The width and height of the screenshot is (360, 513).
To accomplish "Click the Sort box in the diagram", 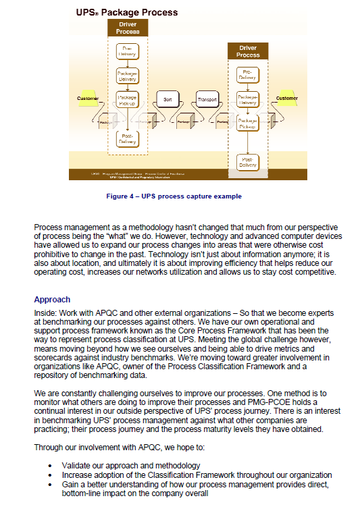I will click(x=168, y=100).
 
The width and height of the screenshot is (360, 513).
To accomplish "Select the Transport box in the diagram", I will click(x=207, y=100).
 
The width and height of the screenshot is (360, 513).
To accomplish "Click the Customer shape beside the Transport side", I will click(x=286, y=99).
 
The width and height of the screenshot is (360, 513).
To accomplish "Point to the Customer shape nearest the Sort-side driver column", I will click(x=88, y=99).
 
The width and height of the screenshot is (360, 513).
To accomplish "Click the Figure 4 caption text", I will click(x=174, y=196).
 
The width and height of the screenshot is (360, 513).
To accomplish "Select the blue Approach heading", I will click(x=52, y=299).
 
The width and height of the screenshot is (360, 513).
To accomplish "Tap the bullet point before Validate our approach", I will click(x=52, y=466).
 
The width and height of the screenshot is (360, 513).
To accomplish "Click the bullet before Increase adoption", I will click(x=52, y=475).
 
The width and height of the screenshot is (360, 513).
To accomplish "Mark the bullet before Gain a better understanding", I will click(x=52, y=485).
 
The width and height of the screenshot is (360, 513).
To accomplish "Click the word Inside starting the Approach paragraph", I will click(x=45, y=313).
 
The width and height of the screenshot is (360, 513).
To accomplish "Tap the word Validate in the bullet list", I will click(x=77, y=466).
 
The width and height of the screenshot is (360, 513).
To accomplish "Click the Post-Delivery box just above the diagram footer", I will click(x=248, y=162).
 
